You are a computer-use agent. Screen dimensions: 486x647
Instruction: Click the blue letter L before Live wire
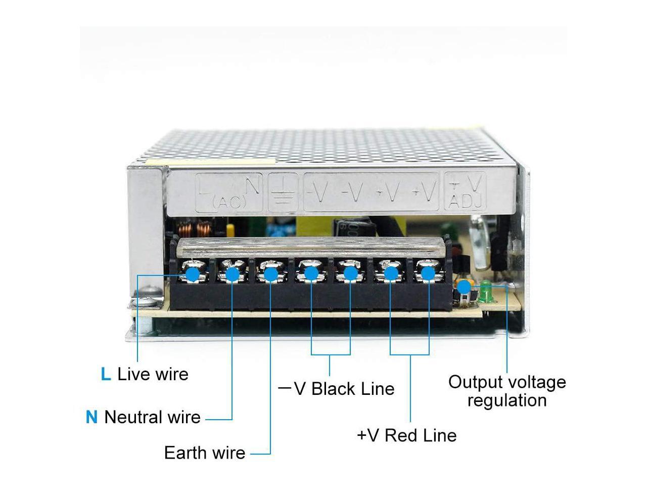pos(106,374)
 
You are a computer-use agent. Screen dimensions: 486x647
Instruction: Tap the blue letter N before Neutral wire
pos(91,417)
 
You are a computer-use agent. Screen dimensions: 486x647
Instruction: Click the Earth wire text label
pos(205,453)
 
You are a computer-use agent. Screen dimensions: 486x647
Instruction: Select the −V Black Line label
pos(337,389)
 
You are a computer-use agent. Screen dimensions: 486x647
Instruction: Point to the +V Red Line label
pos(406,435)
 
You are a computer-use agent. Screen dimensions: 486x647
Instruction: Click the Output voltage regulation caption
pos(507,391)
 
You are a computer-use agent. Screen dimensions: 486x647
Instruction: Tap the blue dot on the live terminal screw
pos(193,274)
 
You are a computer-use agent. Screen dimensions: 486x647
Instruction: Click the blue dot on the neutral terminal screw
pos(232,274)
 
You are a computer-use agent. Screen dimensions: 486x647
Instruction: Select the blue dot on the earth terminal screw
pos(271,274)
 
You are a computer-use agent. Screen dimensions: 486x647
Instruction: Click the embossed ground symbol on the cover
pos(284,192)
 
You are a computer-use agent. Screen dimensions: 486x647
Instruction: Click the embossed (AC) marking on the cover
pos(229,202)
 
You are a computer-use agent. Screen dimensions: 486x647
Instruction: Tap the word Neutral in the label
pos(131,417)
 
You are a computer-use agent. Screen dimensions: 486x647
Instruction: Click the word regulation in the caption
pos(507,400)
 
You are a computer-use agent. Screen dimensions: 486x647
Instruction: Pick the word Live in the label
pos(134,374)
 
